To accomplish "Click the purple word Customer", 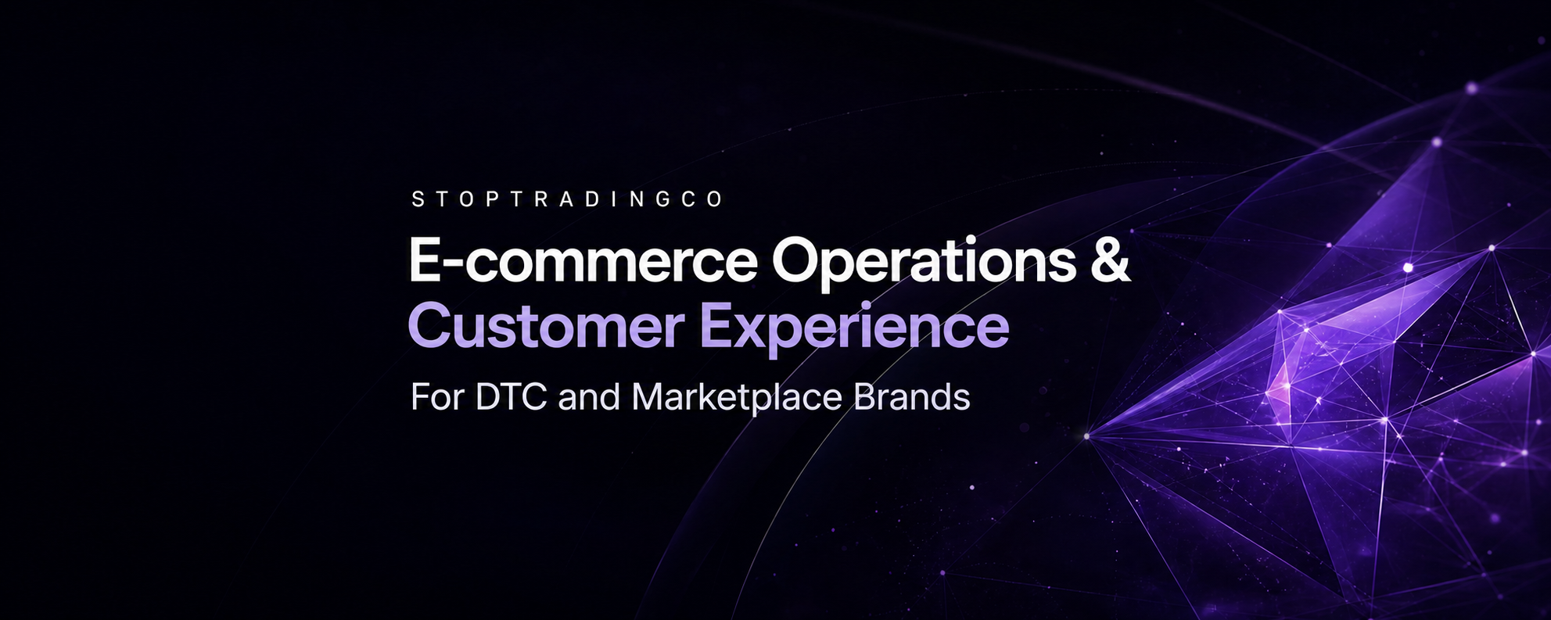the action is (x=546, y=326).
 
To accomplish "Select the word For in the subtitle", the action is (x=437, y=398).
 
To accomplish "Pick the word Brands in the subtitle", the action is (x=912, y=397).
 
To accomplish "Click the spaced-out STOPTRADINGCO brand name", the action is (x=567, y=199).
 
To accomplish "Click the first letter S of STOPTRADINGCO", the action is (x=418, y=199).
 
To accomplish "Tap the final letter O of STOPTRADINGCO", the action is (x=715, y=199).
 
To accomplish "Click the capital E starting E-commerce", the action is (x=424, y=260).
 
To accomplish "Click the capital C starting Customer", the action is (x=429, y=326).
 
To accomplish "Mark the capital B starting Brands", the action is (x=866, y=398).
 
